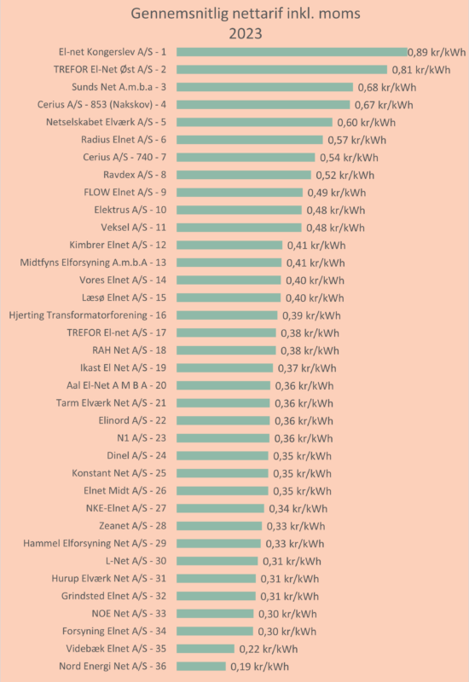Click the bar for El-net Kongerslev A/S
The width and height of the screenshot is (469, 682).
[x=292, y=52]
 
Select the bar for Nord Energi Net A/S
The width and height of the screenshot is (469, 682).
[x=201, y=667]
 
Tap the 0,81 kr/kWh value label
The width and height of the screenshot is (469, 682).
[x=421, y=70]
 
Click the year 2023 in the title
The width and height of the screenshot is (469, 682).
[x=246, y=33]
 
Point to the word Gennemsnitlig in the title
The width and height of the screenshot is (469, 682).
[x=180, y=14]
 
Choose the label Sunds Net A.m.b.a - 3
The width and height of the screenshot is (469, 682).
[x=119, y=87]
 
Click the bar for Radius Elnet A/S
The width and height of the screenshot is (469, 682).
[x=250, y=140]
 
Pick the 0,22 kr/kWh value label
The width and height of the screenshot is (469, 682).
[x=269, y=650]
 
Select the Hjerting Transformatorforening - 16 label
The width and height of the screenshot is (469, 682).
[x=88, y=315]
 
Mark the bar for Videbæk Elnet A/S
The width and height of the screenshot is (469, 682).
[x=206, y=649]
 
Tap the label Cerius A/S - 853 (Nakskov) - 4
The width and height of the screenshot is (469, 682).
[x=101, y=105]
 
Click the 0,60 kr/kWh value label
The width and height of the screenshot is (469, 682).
[x=367, y=123]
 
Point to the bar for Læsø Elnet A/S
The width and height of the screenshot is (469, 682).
[x=229, y=298]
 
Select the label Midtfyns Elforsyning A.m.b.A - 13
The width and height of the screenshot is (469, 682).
[x=93, y=263]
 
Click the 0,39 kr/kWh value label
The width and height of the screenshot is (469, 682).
[x=311, y=315]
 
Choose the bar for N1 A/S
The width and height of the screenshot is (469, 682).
[x=223, y=438]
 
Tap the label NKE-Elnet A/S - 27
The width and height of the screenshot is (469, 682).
[x=126, y=508]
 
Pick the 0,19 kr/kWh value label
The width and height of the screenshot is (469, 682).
[x=260, y=667]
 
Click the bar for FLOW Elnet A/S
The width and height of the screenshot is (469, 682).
[x=240, y=193]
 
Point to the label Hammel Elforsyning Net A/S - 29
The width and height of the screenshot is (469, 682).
[x=95, y=543]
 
